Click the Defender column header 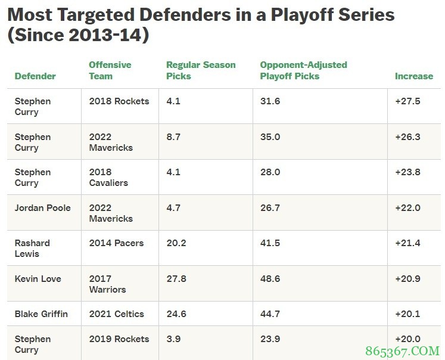(x=35, y=76)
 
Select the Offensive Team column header (x=110, y=70)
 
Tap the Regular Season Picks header (x=201, y=70)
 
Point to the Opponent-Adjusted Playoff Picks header (x=303, y=70)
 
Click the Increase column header (x=413, y=76)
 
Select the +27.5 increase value (x=407, y=101)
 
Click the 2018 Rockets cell (x=119, y=101)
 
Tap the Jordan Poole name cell (x=42, y=208)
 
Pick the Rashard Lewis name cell (x=32, y=249)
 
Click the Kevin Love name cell (x=38, y=279)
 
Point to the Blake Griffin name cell (x=42, y=314)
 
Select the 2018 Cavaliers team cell (x=108, y=178)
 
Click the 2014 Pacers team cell (x=116, y=243)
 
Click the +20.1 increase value (x=407, y=314)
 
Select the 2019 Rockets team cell (x=119, y=339)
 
